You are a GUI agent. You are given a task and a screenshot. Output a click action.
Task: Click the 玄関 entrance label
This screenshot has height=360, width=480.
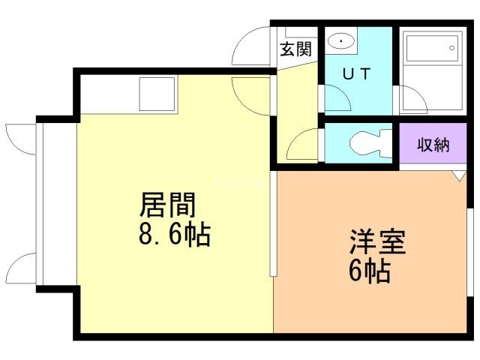(x=295, y=49)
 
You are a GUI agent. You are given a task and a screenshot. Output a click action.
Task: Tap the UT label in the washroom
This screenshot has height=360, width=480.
(x=357, y=73)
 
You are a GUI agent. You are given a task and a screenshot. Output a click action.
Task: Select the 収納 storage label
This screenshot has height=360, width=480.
(x=433, y=145)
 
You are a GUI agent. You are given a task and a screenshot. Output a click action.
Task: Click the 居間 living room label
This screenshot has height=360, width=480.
(x=168, y=205)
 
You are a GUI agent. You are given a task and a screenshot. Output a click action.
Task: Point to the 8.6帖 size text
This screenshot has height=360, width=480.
(x=175, y=235)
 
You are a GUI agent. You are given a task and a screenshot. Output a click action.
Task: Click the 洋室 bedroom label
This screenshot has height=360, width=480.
(x=378, y=241)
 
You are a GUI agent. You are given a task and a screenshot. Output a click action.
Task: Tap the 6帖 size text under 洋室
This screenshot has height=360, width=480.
(x=370, y=271)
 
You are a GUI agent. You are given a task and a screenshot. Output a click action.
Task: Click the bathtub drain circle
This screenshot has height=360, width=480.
(x=451, y=48)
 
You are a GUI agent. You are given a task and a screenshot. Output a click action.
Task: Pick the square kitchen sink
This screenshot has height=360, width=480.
(x=157, y=94)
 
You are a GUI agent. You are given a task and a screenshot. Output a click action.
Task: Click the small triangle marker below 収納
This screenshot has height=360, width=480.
(x=460, y=176)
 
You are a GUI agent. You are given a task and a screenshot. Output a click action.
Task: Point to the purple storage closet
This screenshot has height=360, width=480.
(x=433, y=143)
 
